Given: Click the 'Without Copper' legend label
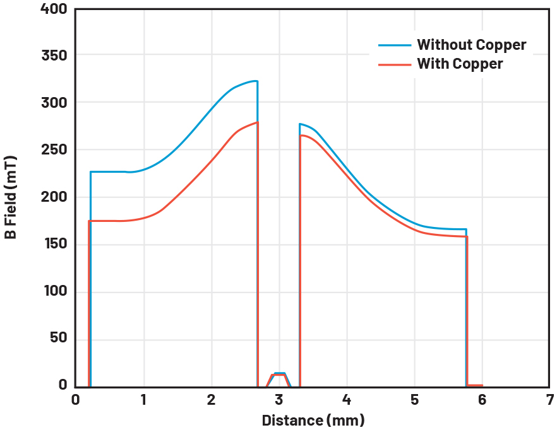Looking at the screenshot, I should point(471,45).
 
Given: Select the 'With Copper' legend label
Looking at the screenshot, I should point(460,64).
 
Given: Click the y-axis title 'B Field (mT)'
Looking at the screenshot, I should point(11,198).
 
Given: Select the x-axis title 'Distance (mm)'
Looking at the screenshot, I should point(313,420).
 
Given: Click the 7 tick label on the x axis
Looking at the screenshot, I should point(550,400).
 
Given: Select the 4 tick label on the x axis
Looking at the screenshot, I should point(347,400).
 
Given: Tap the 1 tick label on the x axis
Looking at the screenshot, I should point(144,400).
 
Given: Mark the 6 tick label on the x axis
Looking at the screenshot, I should point(482,400).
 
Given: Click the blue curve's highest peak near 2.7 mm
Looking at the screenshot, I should point(256,81).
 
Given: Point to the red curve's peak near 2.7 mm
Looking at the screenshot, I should point(257,122).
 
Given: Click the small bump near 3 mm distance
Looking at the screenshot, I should point(279,374).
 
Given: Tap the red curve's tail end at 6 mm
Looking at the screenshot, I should point(481,385).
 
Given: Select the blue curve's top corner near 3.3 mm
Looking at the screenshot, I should point(301,124).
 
